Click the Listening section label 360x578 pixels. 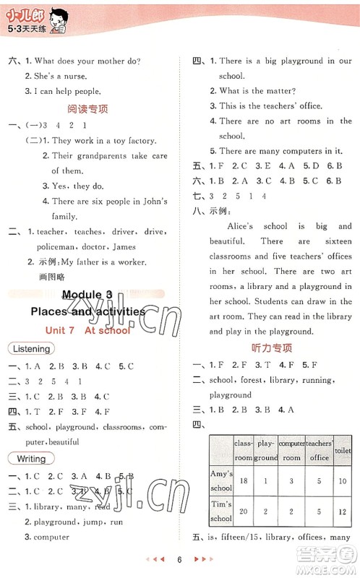31,348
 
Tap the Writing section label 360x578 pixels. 31,459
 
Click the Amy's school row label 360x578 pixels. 221,480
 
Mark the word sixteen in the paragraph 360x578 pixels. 336,241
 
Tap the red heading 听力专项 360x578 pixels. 271,348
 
